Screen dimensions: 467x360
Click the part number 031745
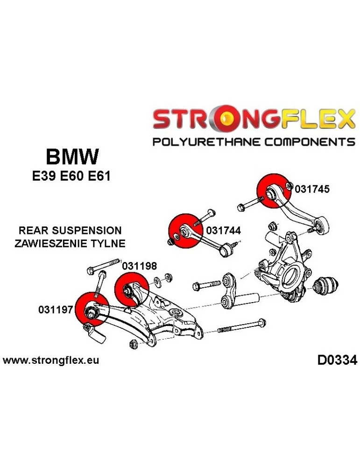point(312,189)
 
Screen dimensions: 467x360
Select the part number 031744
point(223,230)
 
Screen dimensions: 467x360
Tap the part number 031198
point(139,266)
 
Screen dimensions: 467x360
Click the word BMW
point(72,156)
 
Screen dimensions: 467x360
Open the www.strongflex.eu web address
point(51,361)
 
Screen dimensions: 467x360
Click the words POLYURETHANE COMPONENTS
point(254,142)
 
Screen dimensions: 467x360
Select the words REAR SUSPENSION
point(70,230)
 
